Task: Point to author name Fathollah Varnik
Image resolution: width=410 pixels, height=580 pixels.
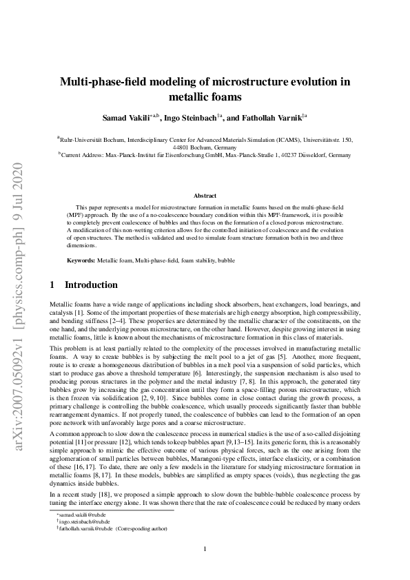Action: pyautogui.click(x=272, y=118)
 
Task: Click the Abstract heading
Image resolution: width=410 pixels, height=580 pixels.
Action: pyautogui.click(x=205, y=196)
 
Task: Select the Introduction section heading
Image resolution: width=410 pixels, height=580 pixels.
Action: pyautogui.click(x=91, y=284)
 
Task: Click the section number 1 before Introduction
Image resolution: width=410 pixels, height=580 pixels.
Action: pyautogui.click(x=54, y=284)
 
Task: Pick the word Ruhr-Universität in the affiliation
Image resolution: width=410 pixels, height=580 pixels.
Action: pyautogui.click(x=83, y=140)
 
